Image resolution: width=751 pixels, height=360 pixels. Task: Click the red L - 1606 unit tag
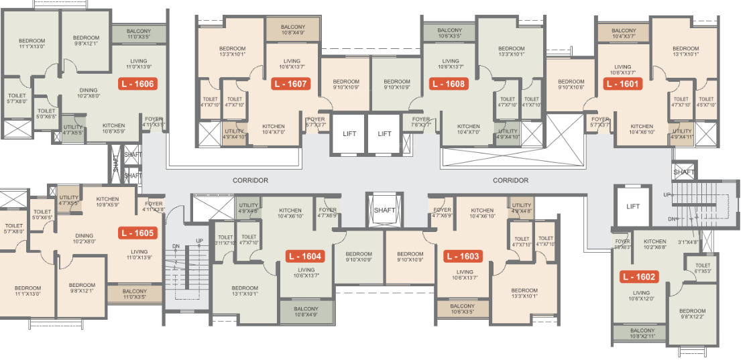(x=137, y=84)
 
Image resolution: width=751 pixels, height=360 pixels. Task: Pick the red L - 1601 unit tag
(x=623, y=84)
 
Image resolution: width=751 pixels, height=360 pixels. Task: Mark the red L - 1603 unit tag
(x=463, y=256)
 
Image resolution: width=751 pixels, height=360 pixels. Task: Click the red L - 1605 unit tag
(x=137, y=233)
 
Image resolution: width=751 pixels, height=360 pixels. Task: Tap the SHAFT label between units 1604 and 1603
(x=385, y=210)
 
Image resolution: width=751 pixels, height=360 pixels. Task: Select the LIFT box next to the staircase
(x=633, y=206)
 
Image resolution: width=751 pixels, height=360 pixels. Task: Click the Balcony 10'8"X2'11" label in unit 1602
(x=642, y=333)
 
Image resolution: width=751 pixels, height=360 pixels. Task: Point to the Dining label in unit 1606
(x=88, y=93)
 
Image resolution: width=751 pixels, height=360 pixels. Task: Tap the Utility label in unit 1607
(x=234, y=133)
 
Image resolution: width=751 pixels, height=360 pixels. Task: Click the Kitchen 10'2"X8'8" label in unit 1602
(x=654, y=244)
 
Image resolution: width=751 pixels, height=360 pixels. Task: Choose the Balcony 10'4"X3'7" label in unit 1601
(x=624, y=33)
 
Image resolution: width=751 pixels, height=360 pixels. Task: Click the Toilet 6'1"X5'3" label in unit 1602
(x=703, y=268)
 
